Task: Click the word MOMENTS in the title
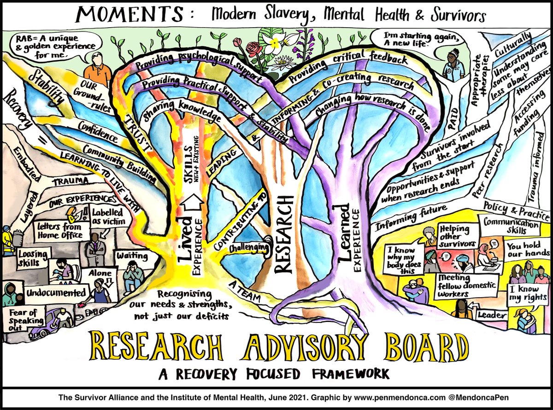pyautogui.click(x=131, y=15)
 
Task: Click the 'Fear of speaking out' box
pyautogui.click(x=19, y=317)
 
